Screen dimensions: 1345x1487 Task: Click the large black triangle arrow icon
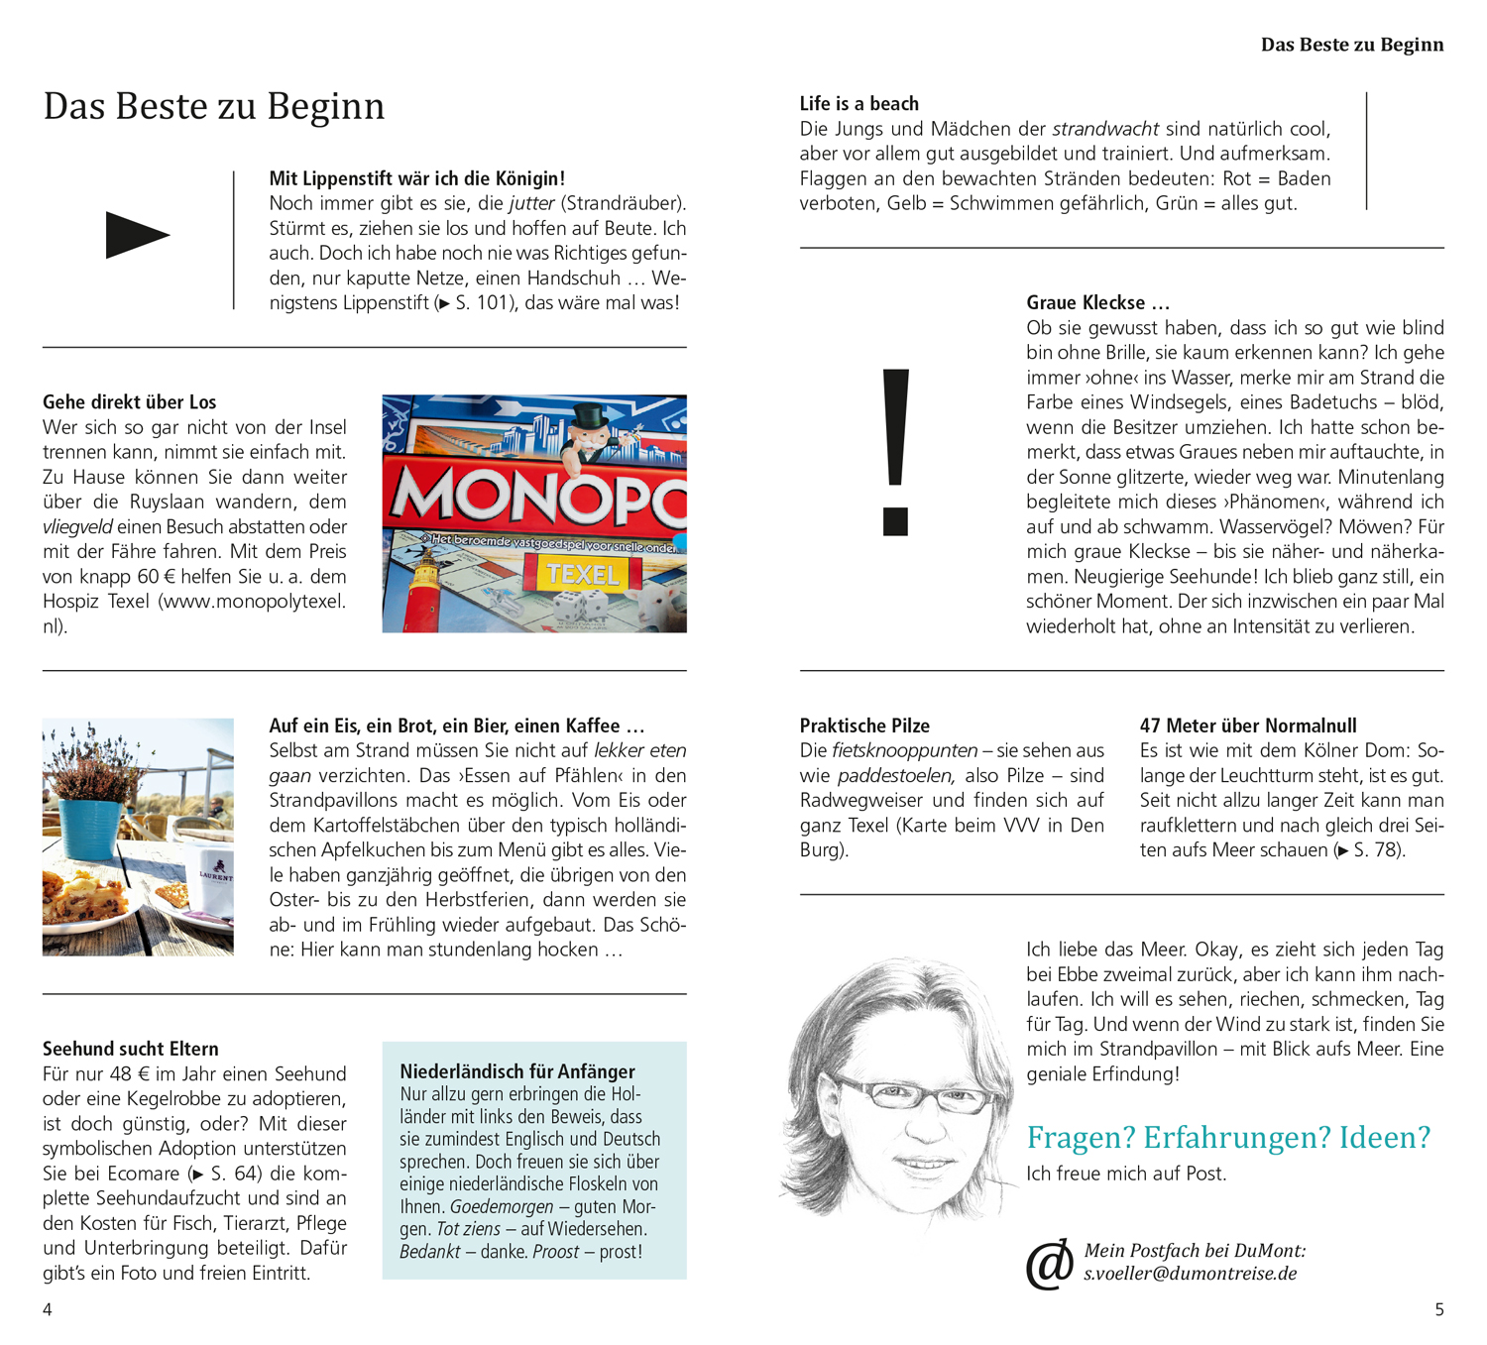137,235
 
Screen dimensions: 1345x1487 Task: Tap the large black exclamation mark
895,451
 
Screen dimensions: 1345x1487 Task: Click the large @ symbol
1049,1264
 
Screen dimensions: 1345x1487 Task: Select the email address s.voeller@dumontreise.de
1190,1274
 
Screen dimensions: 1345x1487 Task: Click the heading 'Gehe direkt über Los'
129,402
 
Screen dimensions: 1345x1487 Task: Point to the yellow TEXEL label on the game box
582,574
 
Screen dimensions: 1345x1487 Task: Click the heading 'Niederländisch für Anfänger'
517,1071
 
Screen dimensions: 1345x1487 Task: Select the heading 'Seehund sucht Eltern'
130,1049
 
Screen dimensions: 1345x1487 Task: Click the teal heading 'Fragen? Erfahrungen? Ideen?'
1228,1137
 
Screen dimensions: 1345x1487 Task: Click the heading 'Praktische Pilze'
864,726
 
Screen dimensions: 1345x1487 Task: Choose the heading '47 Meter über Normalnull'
1248,726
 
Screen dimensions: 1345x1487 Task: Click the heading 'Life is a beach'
858,104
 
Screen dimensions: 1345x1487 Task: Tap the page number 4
47,1309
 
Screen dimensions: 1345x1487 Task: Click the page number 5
1439,1309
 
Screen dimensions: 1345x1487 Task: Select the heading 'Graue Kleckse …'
1097,302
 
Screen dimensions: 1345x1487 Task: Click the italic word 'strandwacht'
1104,129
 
